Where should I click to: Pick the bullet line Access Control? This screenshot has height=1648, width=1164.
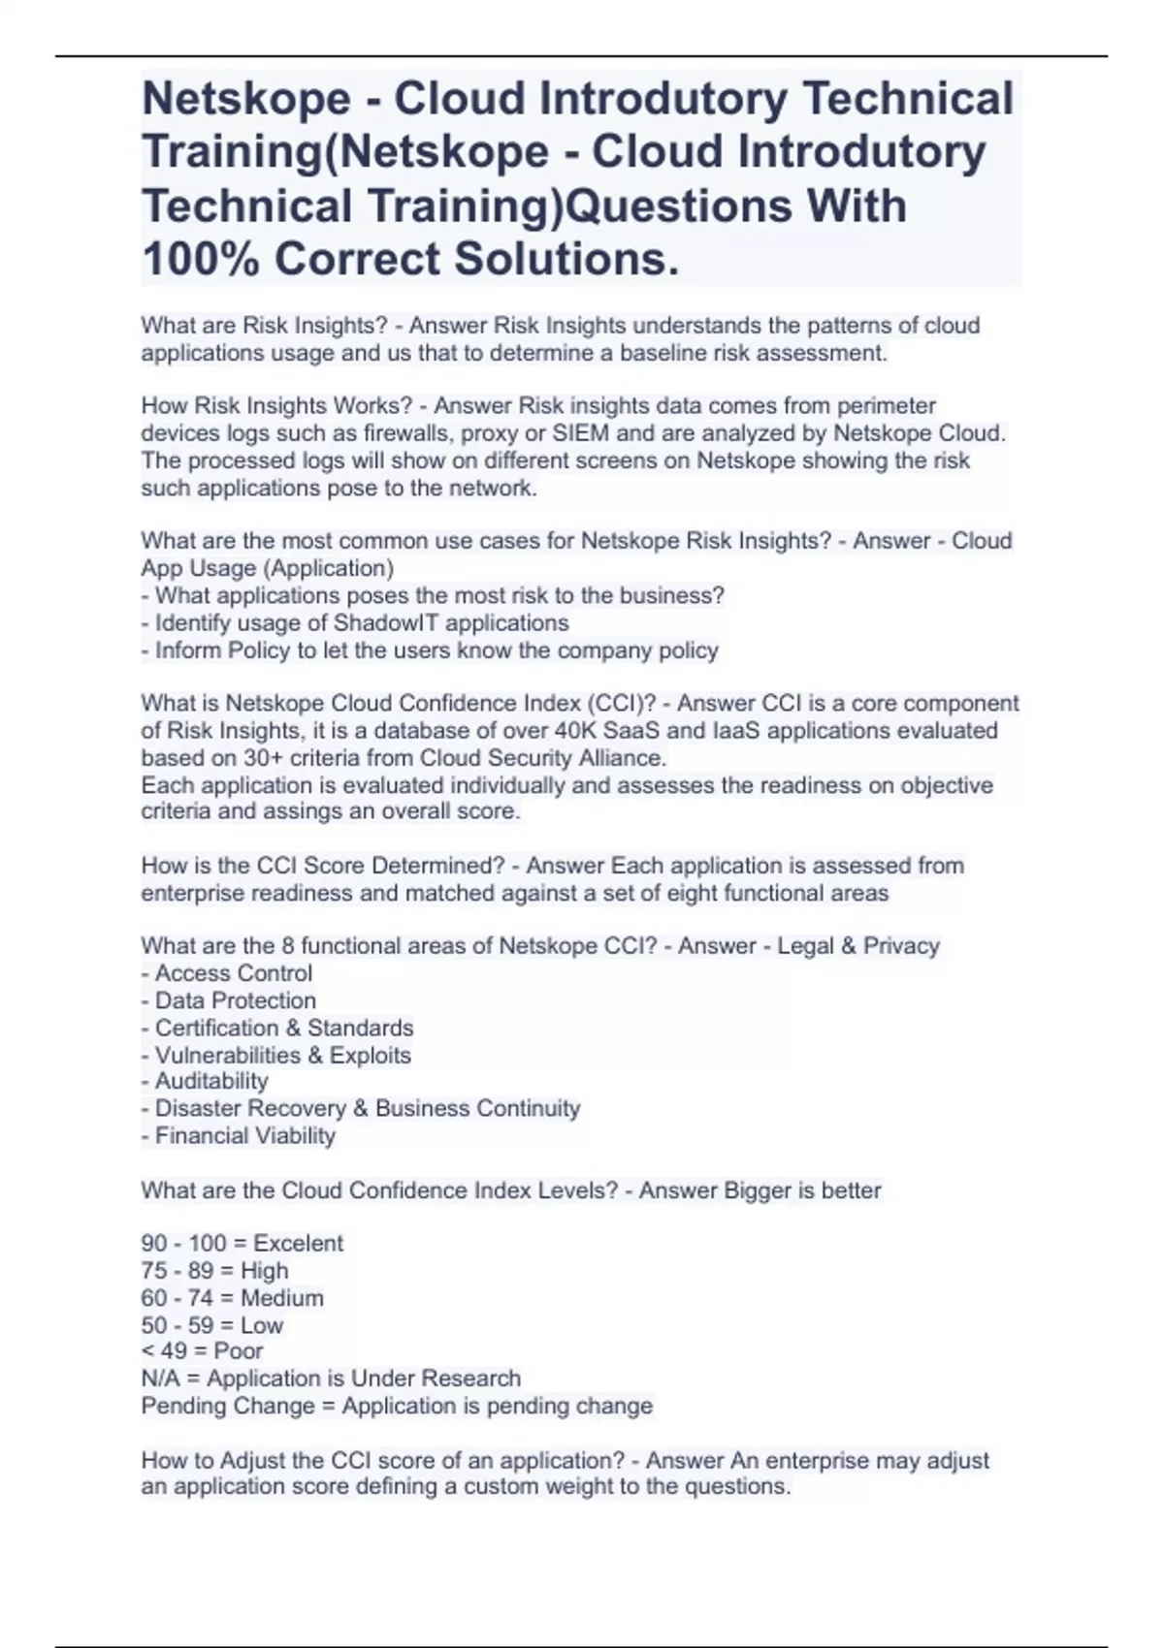[233, 973]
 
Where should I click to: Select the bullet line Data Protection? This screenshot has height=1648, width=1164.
[235, 1000]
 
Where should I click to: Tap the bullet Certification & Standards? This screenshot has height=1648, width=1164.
[283, 1028]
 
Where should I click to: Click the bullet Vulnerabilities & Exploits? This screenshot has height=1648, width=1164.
[282, 1055]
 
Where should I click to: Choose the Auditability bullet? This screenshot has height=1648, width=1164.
[210, 1081]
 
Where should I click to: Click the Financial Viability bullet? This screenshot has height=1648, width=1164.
[244, 1135]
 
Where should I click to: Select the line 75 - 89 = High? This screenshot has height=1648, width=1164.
[214, 1271]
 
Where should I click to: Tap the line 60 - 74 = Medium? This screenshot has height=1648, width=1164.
[232, 1298]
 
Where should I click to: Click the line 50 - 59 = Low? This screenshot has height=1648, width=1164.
[211, 1325]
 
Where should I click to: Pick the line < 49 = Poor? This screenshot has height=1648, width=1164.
[202, 1351]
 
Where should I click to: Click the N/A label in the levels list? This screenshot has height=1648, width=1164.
[160, 1379]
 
